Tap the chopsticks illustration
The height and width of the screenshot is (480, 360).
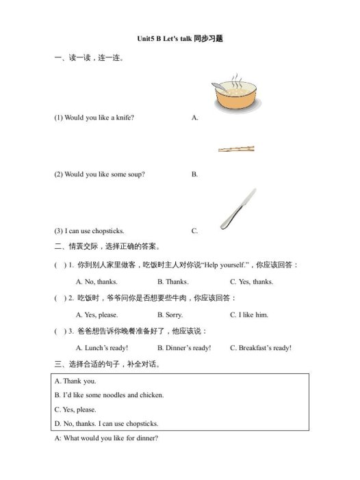tap(235, 148)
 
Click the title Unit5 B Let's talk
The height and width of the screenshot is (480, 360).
tap(179, 39)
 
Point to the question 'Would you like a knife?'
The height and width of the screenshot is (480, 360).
tap(94, 118)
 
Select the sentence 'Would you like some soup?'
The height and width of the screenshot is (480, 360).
tap(99, 174)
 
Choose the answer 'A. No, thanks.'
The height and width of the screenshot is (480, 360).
tap(97, 282)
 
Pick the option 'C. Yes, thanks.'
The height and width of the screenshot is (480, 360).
tap(251, 282)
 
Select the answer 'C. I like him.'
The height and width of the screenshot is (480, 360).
tap(249, 315)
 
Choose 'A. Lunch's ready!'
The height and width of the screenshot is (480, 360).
tap(102, 347)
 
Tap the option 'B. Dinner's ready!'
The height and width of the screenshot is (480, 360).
tap(184, 347)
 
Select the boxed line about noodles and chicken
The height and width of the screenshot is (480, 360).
tap(110, 395)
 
